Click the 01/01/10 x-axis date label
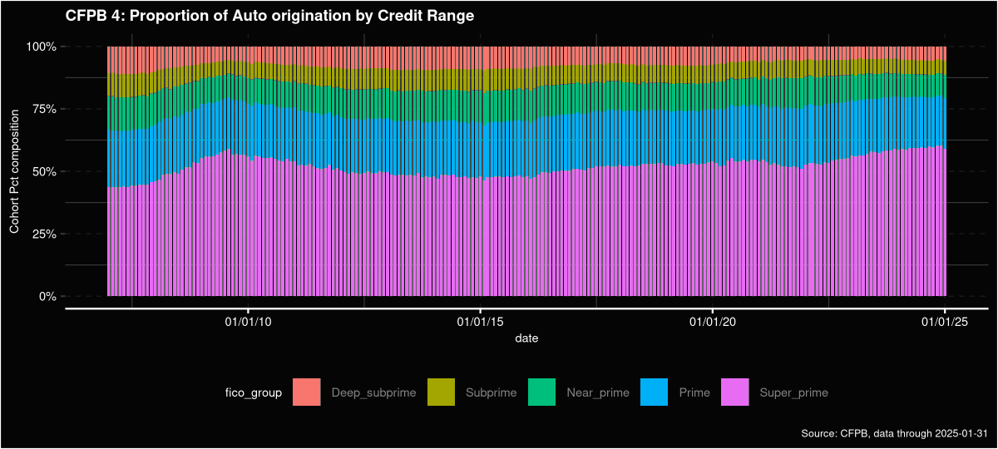point(247,321)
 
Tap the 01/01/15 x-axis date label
point(480,321)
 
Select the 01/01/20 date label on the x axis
point(713,321)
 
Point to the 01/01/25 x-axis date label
point(945,321)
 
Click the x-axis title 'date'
point(526,338)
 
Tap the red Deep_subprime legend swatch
point(307,392)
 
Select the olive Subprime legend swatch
point(441,392)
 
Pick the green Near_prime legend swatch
point(542,392)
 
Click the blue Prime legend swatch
point(654,392)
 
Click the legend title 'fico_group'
point(254,392)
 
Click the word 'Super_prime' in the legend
point(793,392)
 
